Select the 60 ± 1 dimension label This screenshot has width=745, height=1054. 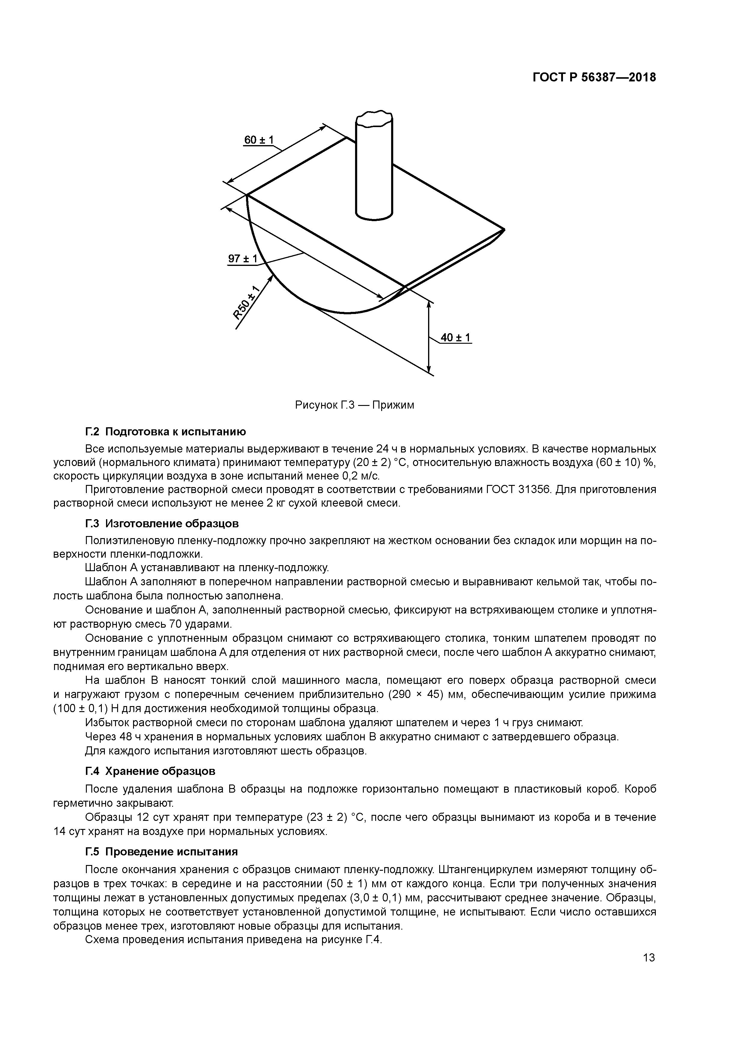259,140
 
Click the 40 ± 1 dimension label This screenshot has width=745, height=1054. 455,338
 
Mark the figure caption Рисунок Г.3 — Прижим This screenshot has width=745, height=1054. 354,405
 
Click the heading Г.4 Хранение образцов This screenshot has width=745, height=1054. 151,771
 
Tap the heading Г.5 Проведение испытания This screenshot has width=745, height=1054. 162,851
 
